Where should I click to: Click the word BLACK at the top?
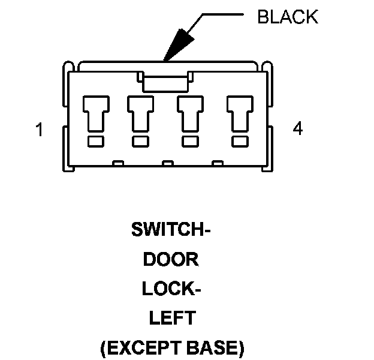point(287,17)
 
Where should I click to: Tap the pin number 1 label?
point(40,130)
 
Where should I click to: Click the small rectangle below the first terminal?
point(95,142)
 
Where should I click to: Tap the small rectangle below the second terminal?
point(140,142)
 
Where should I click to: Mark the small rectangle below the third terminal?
point(190,142)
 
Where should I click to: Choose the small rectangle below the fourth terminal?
point(240,142)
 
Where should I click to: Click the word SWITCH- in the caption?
point(171,230)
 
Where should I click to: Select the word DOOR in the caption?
point(171,259)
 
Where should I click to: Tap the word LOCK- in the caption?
point(171,289)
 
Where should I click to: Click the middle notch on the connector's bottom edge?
point(168,163)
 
